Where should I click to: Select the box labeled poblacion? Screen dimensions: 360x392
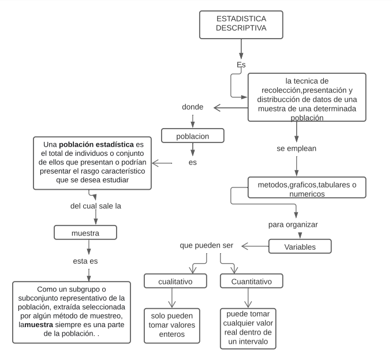(192, 136)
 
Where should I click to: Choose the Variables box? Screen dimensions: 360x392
(300, 246)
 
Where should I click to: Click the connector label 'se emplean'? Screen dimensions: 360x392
(297, 148)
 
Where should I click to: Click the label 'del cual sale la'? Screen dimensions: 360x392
(95, 206)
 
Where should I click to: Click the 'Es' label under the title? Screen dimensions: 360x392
(241, 65)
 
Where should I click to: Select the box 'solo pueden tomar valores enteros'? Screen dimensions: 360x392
(173, 325)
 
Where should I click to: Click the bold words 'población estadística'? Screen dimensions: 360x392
(96, 143)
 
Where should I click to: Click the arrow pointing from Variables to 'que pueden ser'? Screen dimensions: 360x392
(255, 246)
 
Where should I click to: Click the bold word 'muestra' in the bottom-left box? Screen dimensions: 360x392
(39, 325)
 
